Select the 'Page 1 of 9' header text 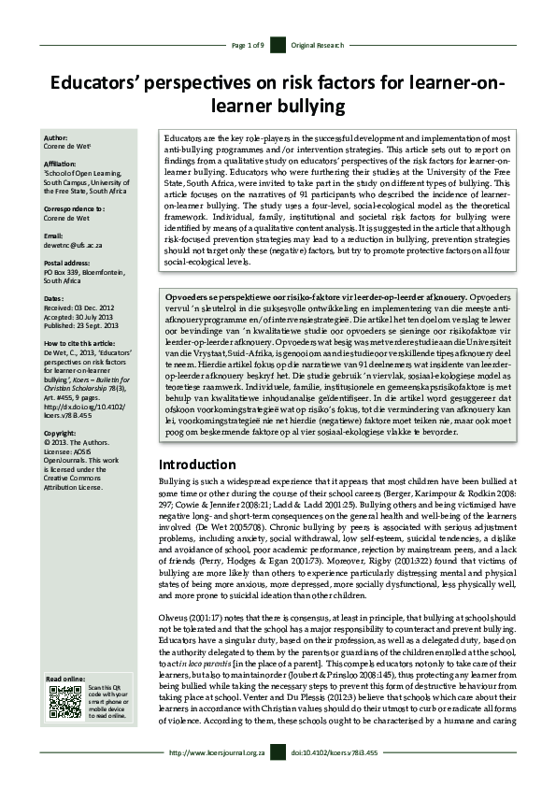(248, 45)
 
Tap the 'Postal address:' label (69, 264)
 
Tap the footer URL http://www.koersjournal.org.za (217, 751)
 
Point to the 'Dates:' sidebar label (55, 297)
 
